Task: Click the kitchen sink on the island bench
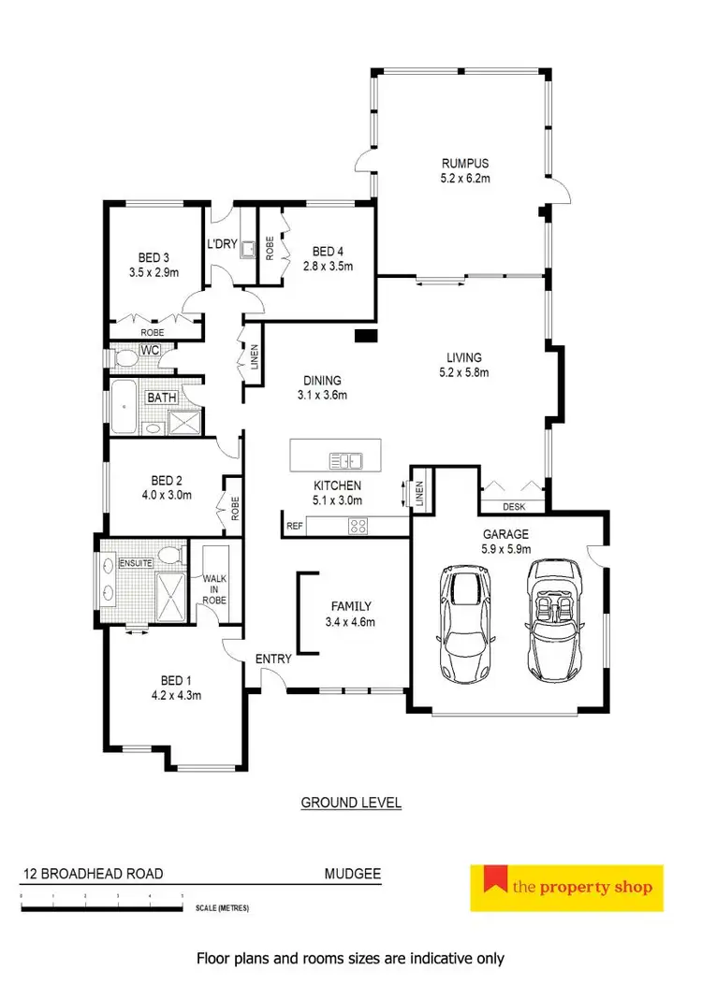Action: [x=346, y=459]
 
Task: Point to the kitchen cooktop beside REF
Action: [x=358, y=526]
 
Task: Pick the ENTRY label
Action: [x=273, y=659]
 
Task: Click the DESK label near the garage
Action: [x=514, y=507]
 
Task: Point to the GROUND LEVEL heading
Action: [x=351, y=803]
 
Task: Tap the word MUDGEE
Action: [x=352, y=874]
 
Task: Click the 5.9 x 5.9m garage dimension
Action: [x=506, y=549]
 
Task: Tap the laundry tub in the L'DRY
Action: [x=247, y=249]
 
